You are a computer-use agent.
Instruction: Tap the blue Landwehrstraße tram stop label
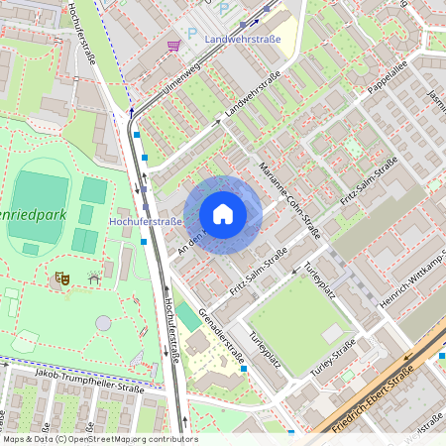[x=242, y=40]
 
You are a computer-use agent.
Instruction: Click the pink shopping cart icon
[x=173, y=46]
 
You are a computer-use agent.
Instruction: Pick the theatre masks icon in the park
[x=61, y=280]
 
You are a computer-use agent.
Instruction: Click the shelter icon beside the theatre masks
[x=94, y=279]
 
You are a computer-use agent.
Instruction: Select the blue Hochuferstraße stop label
[x=146, y=221]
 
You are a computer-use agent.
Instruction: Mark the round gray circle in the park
[x=103, y=323]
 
